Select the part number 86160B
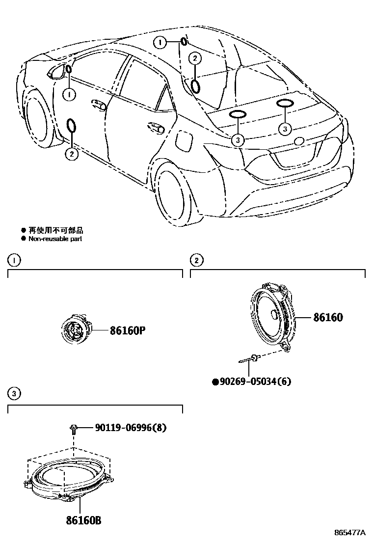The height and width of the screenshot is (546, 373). click(x=84, y=520)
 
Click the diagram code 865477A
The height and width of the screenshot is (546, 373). click(x=350, y=533)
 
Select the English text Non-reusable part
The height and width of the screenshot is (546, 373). click(x=54, y=239)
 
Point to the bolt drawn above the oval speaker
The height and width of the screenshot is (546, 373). click(x=73, y=429)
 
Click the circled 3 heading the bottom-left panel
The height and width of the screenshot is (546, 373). click(x=14, y=393)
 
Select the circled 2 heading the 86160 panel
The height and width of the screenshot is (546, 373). click(x=196, y=260)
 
